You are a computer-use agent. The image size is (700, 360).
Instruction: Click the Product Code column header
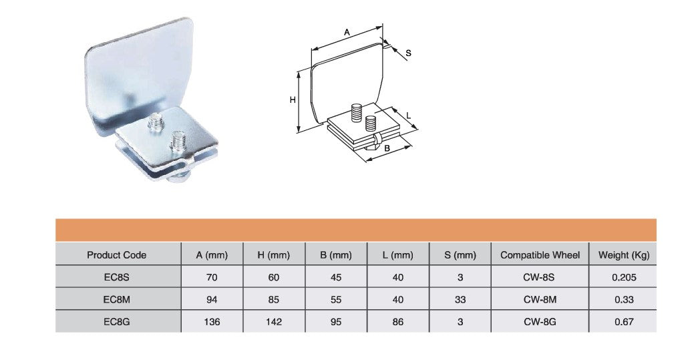[x=116, y=255]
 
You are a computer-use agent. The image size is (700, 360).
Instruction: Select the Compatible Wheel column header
[x=540, y=255]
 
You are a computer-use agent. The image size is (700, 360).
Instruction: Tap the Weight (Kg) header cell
[x=624, y=256]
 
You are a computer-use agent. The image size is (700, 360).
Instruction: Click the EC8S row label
[x=116, y=277]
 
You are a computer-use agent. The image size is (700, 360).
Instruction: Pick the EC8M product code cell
[x=116, y=299]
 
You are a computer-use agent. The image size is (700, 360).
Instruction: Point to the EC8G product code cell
[x=116, y=321]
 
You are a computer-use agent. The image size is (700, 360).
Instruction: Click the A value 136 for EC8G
[x=212, y=321]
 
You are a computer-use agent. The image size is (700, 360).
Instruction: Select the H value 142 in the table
[x=274, y=321]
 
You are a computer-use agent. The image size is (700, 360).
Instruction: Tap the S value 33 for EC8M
[x=460, y=299]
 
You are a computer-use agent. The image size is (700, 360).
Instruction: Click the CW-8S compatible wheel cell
[x=540, y=277]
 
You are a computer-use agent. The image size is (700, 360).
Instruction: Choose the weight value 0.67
[x=624, y=321]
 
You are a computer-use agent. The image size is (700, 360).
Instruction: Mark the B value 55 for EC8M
[x=336, y=299]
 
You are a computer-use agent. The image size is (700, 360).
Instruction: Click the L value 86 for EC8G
[x=398, y=321]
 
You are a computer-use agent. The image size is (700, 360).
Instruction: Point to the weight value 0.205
[x=624, y=277]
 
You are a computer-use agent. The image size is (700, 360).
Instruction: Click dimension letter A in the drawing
[x=347, y=32]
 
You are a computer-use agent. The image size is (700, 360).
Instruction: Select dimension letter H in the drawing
[x=293, y=100]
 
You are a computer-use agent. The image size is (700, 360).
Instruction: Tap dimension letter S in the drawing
[x=408, y=53]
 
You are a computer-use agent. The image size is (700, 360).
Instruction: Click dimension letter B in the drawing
[x=387, y=148]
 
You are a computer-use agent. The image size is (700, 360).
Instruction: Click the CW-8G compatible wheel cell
[x=540, y=321]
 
